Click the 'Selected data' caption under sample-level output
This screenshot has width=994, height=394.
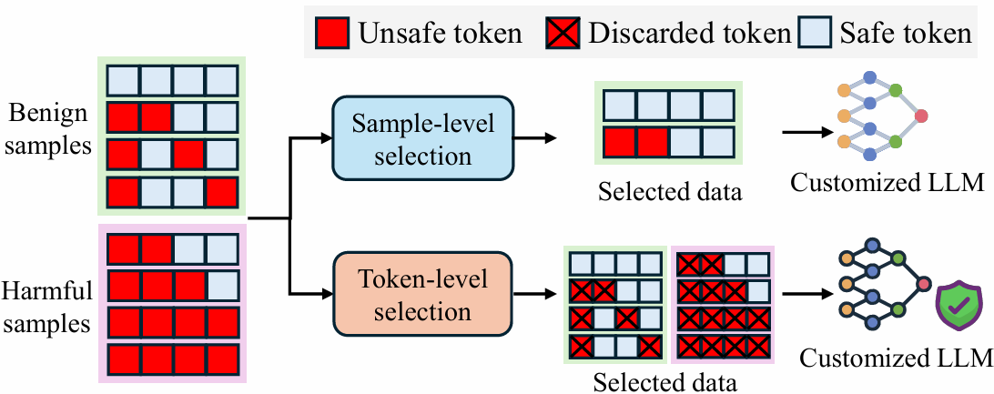point(670,192)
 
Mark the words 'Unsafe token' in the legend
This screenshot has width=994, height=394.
point(441,35)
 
